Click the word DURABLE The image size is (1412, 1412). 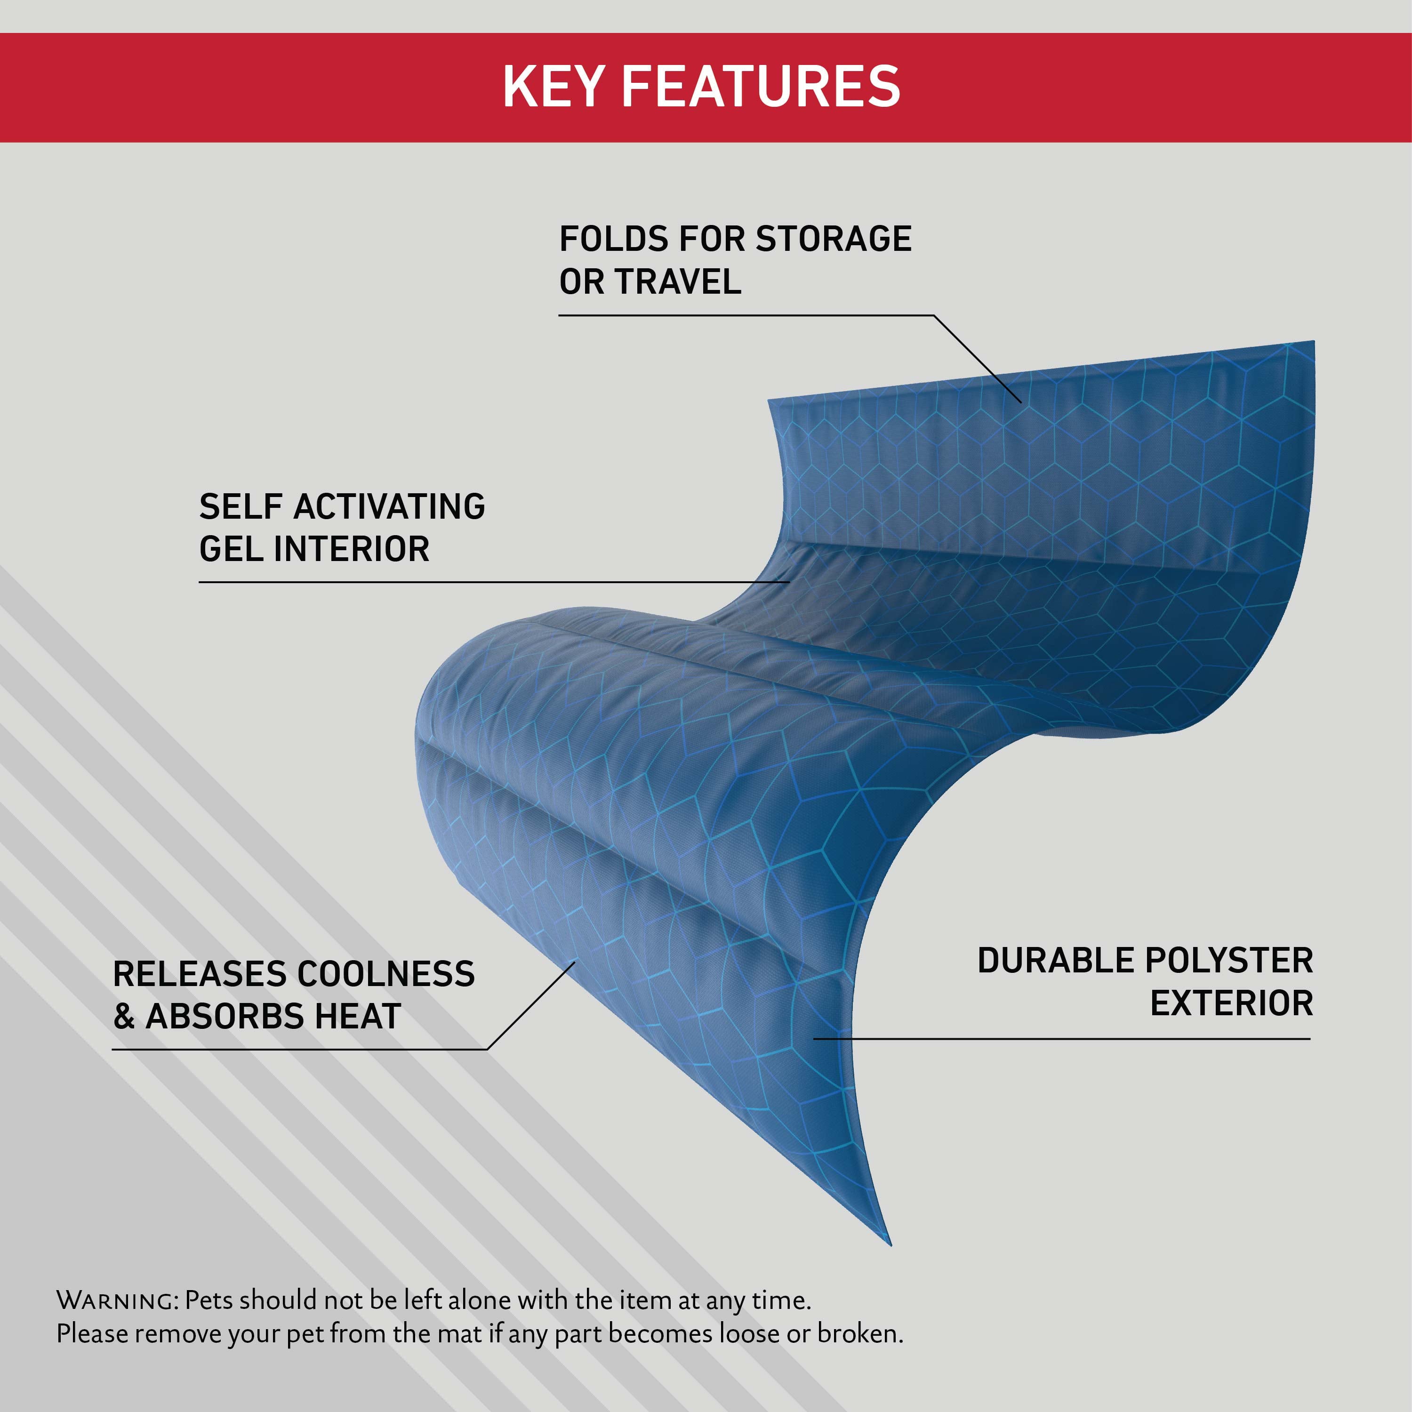point(1054,960)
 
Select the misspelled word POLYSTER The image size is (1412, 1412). point(1228,960)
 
